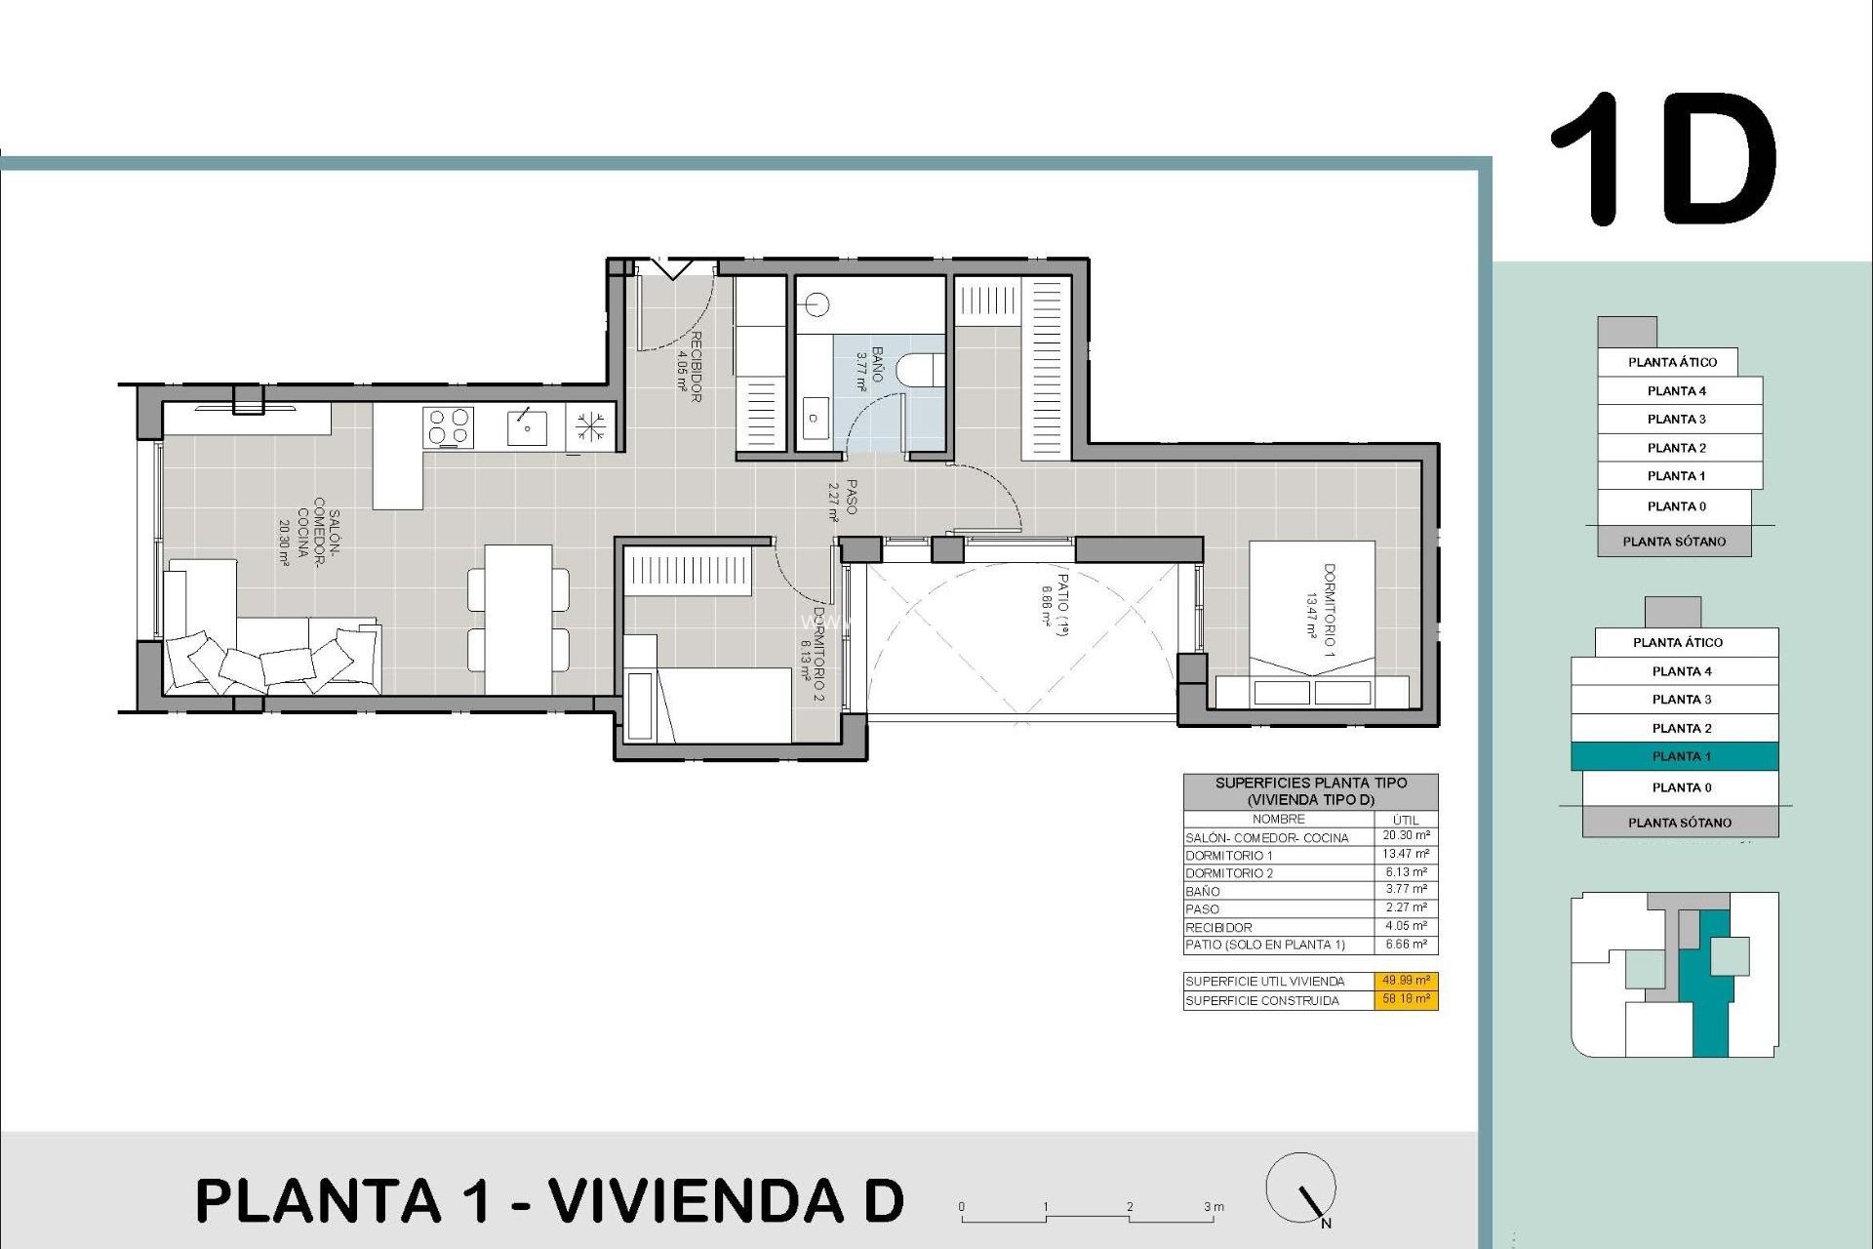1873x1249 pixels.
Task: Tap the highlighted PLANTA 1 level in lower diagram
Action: point(1675,756)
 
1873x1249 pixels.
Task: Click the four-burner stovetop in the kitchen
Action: point(449,427)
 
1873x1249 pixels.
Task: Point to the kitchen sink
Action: point(527,427)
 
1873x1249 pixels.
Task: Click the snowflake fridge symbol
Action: point(589,427)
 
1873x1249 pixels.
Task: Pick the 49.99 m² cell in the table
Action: point(1406,981)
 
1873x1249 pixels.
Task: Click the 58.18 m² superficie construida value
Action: point(1406,999)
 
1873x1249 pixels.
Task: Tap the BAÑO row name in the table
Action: point(1203,891)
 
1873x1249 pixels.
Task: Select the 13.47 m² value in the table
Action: point(1406,854)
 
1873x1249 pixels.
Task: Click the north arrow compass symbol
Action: point(1301,1189)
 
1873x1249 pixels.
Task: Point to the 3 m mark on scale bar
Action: point(1213,1208)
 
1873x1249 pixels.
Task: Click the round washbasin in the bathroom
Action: point(817,305)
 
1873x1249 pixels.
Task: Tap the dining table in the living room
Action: point(518,619)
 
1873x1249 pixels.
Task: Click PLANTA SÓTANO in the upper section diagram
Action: point(1674,542)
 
